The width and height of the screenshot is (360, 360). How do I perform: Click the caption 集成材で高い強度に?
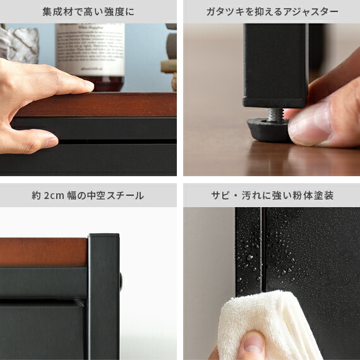tap(88, 11)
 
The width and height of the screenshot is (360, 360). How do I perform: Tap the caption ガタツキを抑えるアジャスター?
tap(272, 11)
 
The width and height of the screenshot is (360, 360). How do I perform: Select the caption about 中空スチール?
tap(88, 195)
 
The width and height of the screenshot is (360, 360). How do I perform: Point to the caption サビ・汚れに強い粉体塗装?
tap(272, 195)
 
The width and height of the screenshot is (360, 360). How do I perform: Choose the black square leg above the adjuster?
tap(274, 63)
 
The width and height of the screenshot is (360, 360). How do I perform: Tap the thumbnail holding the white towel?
tap(253, 344)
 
